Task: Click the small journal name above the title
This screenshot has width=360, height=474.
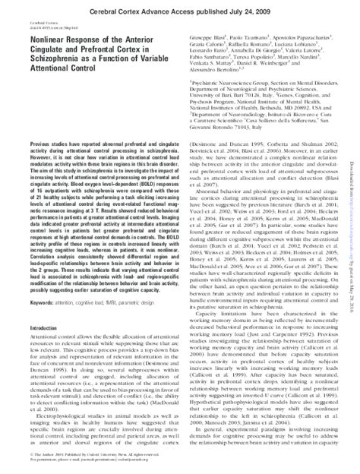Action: (x=38, y=22)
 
